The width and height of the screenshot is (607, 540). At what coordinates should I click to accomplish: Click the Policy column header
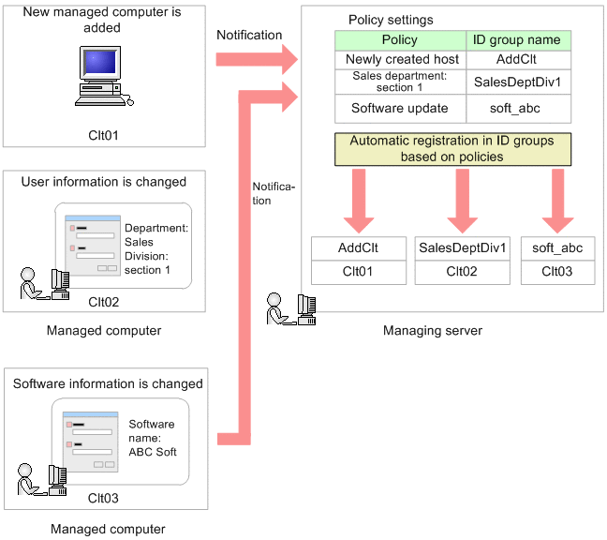tap(400, 40)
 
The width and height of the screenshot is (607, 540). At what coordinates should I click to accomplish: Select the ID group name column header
tap(518, 40)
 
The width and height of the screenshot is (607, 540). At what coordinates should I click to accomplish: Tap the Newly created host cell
tap(400, 59)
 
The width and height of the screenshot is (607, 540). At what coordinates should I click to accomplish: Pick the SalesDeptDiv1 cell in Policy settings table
tap(518, 82)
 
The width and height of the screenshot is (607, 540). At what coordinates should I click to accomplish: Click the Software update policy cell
tap(400, 108)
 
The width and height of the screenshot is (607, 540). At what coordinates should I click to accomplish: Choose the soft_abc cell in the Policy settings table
tap(518, 108)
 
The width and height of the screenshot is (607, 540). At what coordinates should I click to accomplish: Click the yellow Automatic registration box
tap(452, 148)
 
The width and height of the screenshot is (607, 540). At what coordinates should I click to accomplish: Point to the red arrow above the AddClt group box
tap(359, 206)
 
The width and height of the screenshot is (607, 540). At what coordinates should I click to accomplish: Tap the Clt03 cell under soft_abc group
tap(557, 272)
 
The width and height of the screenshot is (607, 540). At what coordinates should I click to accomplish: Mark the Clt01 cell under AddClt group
tap(358, 272)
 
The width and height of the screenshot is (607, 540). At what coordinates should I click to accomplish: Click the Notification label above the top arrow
tap(249, 35)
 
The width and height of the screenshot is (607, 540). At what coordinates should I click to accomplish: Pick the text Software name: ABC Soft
tap(152, 437)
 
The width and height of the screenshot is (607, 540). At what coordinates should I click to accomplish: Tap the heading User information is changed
tap(104, 182)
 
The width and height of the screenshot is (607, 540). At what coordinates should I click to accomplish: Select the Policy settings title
tap(391, 20)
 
